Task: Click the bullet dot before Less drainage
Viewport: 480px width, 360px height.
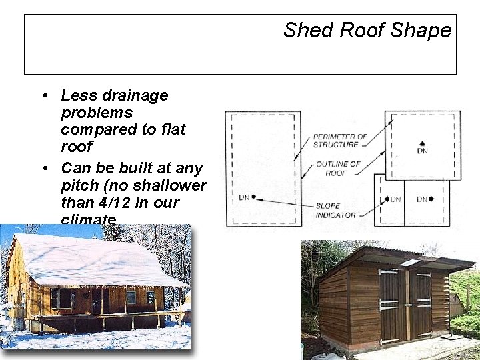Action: coord(43,96)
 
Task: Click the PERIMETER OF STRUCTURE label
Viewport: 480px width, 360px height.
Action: coord(340,141)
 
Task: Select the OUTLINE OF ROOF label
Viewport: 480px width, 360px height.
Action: coord(338,168)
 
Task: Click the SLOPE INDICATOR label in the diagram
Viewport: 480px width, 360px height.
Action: coord(337,210)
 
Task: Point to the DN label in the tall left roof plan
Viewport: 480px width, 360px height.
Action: coord(244,197)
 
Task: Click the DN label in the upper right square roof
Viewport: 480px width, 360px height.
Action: coord(422,150)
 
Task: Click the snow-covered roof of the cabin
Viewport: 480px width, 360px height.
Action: coord(93,257)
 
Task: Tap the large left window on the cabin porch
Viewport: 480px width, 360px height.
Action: coord(64,299)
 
